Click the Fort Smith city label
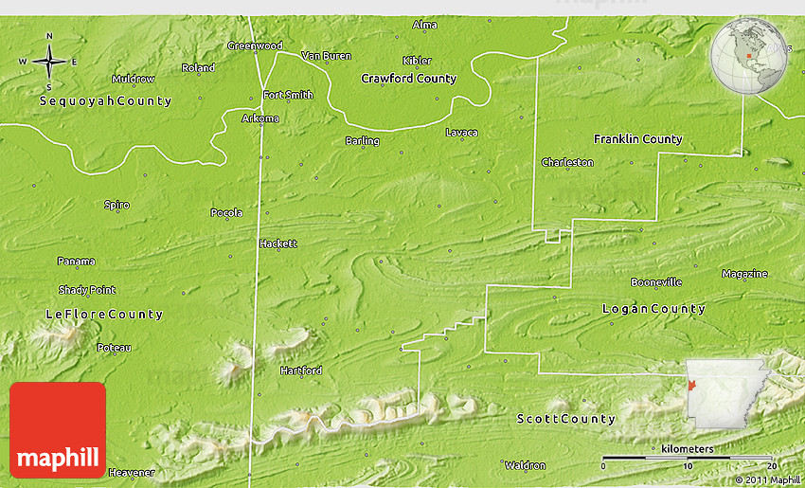[288, 95]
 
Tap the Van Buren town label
[326, 56]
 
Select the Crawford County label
[409, 79]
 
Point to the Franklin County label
[637, 139]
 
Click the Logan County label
[653, 309]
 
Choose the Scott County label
[566, 419]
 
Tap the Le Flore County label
[104, 314]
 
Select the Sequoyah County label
[105, 100]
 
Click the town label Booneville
[656, 282]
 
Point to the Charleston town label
[567, 162]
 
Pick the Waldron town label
[525, 465]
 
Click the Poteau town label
[114, 348]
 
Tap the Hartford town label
[300, 371]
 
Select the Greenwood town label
[255, 45]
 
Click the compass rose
[48, 62]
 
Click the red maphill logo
[58, 429]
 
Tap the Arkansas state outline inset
[721, 394]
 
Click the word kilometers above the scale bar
[689, 447]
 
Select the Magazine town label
[744, 274]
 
